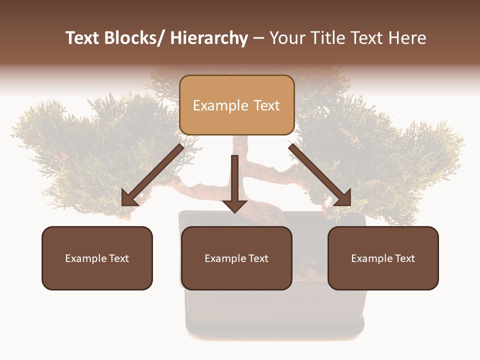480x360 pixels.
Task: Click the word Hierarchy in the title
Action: click(x=209, y=38)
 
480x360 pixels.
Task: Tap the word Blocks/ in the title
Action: click(x=134, y=38)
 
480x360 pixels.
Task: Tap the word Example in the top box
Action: click(x=220, y=106)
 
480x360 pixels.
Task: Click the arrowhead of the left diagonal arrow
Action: click(x=129, y=199)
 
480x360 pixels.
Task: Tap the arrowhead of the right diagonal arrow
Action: click(x=343, y=198)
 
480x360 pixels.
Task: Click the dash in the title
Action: click(x=258, y=38)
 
